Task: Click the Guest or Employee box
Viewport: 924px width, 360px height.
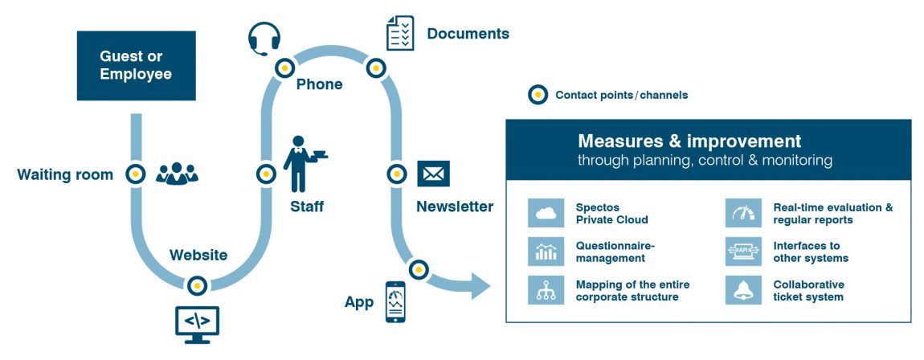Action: [x=136, y=65]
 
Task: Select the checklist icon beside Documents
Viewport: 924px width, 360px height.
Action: [x=399, y=33]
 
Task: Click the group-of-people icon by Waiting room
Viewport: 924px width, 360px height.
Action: [x=177, y=174]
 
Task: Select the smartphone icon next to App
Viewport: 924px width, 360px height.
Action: [x=395, y=301]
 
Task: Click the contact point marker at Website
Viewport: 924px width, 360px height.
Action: [x=197, y=286]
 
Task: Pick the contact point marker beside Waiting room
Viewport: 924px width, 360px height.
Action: [x=136, y=174]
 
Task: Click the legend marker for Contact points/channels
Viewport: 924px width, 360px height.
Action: [x=538, y=95]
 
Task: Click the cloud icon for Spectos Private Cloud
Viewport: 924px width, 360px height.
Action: [x=546, y=213]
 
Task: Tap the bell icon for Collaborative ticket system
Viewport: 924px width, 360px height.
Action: [x=743, y=290]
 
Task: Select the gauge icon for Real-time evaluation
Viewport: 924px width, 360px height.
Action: [x=743, y=213]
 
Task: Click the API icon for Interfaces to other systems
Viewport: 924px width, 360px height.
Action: [x=743, y=252]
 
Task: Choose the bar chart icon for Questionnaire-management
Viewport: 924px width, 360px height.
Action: [x=546, y=252]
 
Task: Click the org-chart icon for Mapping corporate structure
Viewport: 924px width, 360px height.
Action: [x=546, y=290]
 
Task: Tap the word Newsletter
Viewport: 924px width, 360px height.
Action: [x=455, y=207]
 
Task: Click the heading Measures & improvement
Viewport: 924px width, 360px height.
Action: [x=689, y=141]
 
